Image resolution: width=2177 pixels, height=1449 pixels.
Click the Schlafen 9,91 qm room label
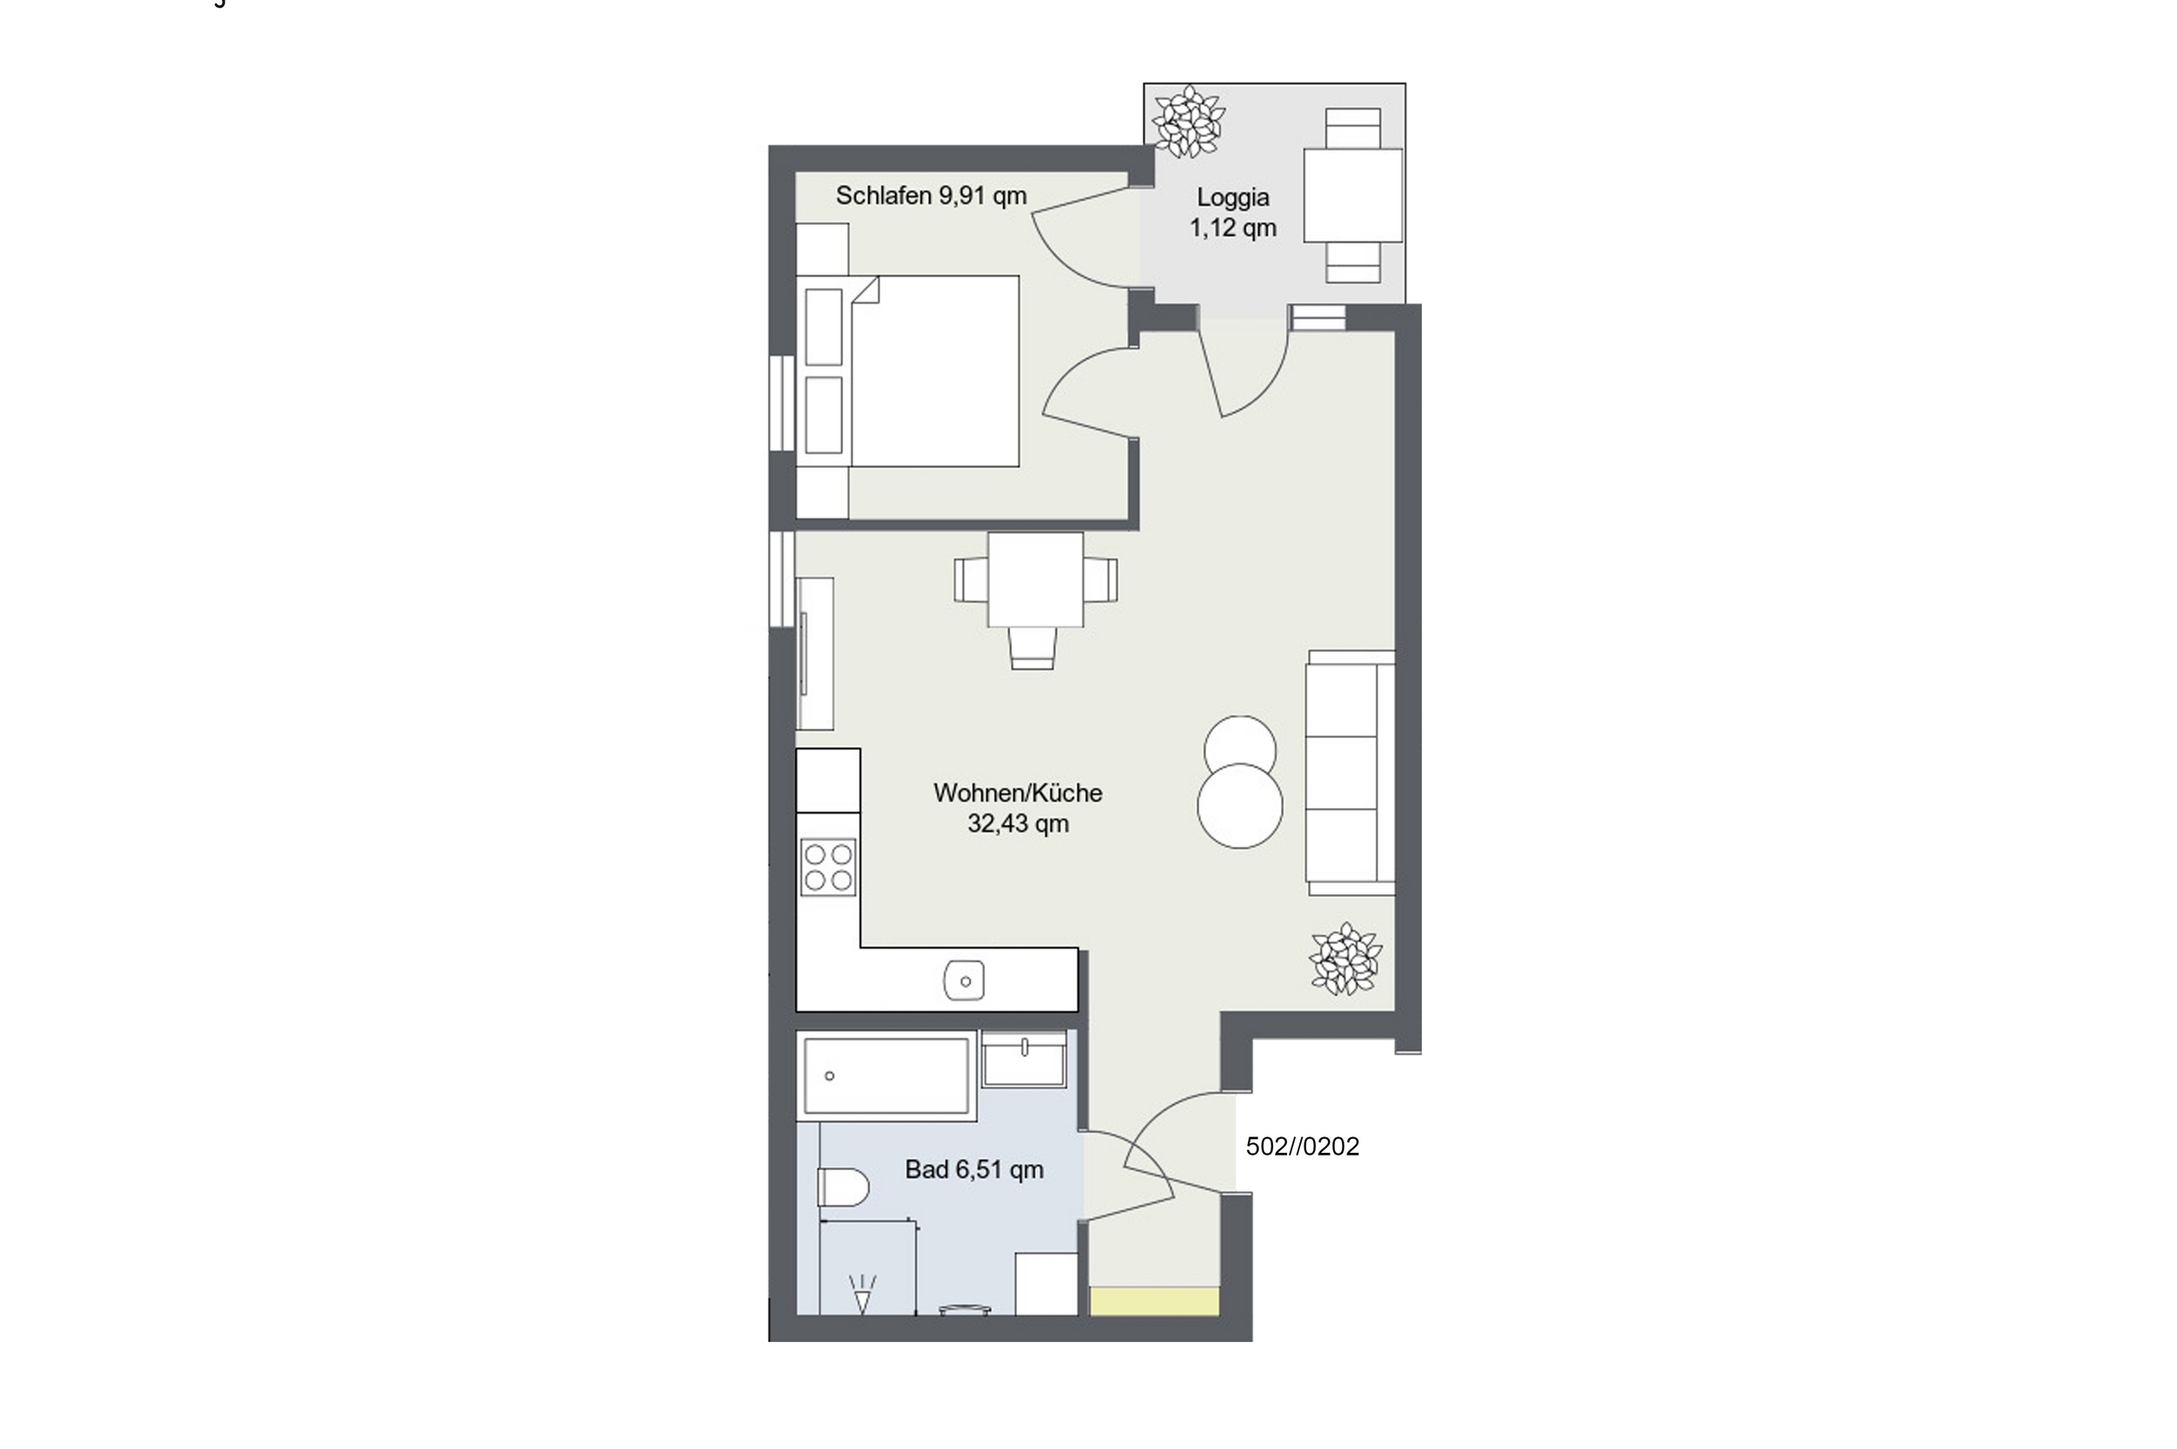coord(931,196)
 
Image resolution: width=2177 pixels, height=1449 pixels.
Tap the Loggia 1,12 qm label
coord(1233,212)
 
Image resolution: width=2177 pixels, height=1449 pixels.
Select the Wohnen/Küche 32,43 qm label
coord(1017,808)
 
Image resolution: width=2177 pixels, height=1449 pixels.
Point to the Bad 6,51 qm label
coord(974,1170)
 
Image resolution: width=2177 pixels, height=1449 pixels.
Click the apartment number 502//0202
coord(1302,1147)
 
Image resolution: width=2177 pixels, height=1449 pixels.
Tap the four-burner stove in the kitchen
coord(828,867)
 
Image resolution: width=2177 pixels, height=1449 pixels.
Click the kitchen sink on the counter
coord(964,981)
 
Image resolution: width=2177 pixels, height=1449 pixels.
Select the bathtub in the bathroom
coord(886,1075)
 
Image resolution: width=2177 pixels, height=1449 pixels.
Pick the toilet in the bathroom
coord(843,1188)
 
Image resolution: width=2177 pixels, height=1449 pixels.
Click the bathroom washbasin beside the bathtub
coord(1024,1059)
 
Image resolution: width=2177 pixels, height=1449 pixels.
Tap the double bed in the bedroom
coord(934,371)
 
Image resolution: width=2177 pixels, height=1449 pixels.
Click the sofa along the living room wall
coord(1350,772)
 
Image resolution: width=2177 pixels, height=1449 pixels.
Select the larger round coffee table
coord(1240,805)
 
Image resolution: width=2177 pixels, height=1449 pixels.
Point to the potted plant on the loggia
coord(1189,121)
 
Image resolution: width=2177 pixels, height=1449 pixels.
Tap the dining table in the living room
coord(1036,579)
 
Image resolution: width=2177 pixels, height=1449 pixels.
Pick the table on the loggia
coord(1352,195)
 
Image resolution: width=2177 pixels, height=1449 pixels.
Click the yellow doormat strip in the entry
coord(1154,1301)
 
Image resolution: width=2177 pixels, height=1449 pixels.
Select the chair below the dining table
coord(1032,648)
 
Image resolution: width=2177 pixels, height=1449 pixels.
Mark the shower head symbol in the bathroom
coord(862,1294)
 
